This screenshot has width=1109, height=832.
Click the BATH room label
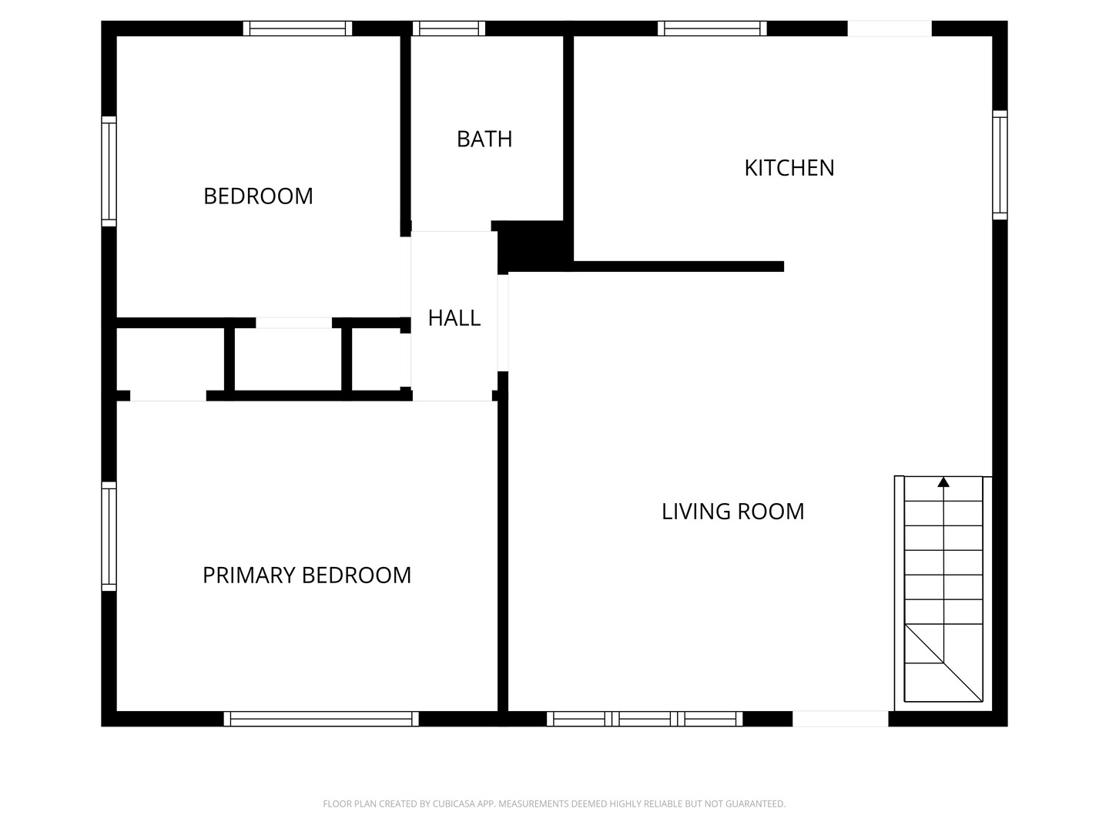(x=484, y=139)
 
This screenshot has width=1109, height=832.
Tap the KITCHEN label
(x=789, y=168)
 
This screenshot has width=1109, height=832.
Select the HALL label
(x=454, y=318)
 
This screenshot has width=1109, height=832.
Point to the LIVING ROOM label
(x=732, y=512)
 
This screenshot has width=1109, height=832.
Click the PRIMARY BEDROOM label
(x=307, y=575)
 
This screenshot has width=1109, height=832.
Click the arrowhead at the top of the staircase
(x=943, y=482)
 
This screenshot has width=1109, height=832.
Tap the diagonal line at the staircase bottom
(x=943, y=663)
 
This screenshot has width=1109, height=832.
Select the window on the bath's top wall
(x=449, y=29)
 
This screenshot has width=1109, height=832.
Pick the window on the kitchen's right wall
(x=1000, y=165)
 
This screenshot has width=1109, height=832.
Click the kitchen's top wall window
(x=712, y=29)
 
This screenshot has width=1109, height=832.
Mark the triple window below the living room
(x=645, y=719)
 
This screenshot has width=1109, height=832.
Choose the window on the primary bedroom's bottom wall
(x=321, y=719)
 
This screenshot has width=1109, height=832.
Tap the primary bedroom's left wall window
(x=109, y=536)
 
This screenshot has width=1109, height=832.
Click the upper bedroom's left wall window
(x=109, y=171)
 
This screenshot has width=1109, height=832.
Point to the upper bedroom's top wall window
(x=297, y=29)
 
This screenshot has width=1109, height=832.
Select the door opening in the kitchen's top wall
(x=890, y=29)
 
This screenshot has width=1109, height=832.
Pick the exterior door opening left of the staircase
(x=840, y=719)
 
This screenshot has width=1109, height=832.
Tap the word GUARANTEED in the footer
(x=759, y=803)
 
